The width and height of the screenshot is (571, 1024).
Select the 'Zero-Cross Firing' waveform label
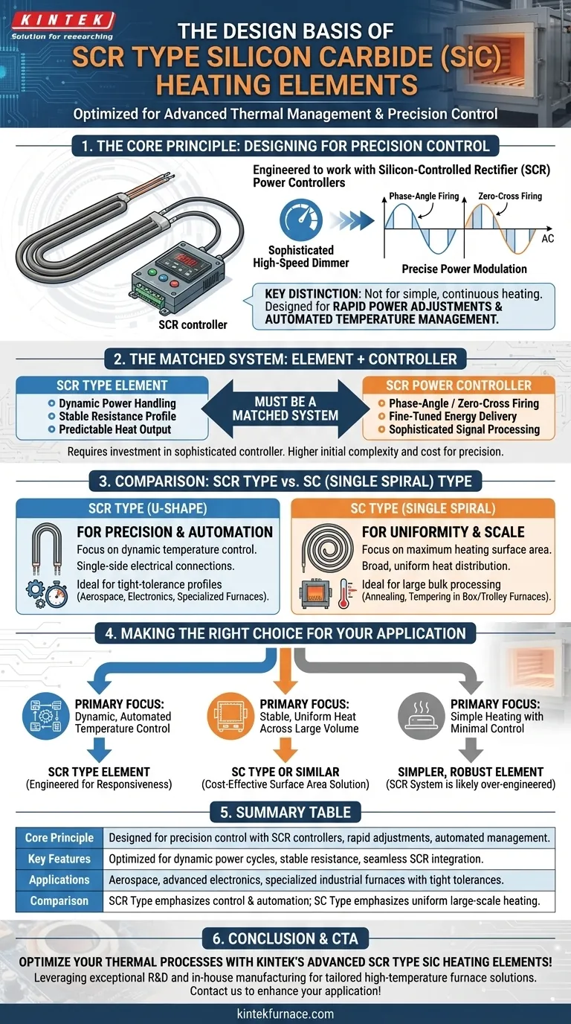[511, 196]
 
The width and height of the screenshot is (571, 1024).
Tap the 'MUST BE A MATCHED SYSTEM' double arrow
[285, 409]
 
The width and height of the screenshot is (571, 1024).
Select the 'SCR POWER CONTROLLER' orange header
[458, 385]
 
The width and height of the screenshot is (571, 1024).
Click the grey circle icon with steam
[421, 715]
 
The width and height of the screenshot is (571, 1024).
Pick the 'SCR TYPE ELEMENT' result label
[99, 772]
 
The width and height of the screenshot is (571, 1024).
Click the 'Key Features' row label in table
[59, 859]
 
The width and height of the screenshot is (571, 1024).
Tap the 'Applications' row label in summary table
[59, 880]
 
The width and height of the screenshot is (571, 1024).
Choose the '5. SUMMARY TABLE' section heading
[285, 812]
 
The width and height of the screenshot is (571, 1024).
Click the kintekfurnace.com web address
[285, 1013]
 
